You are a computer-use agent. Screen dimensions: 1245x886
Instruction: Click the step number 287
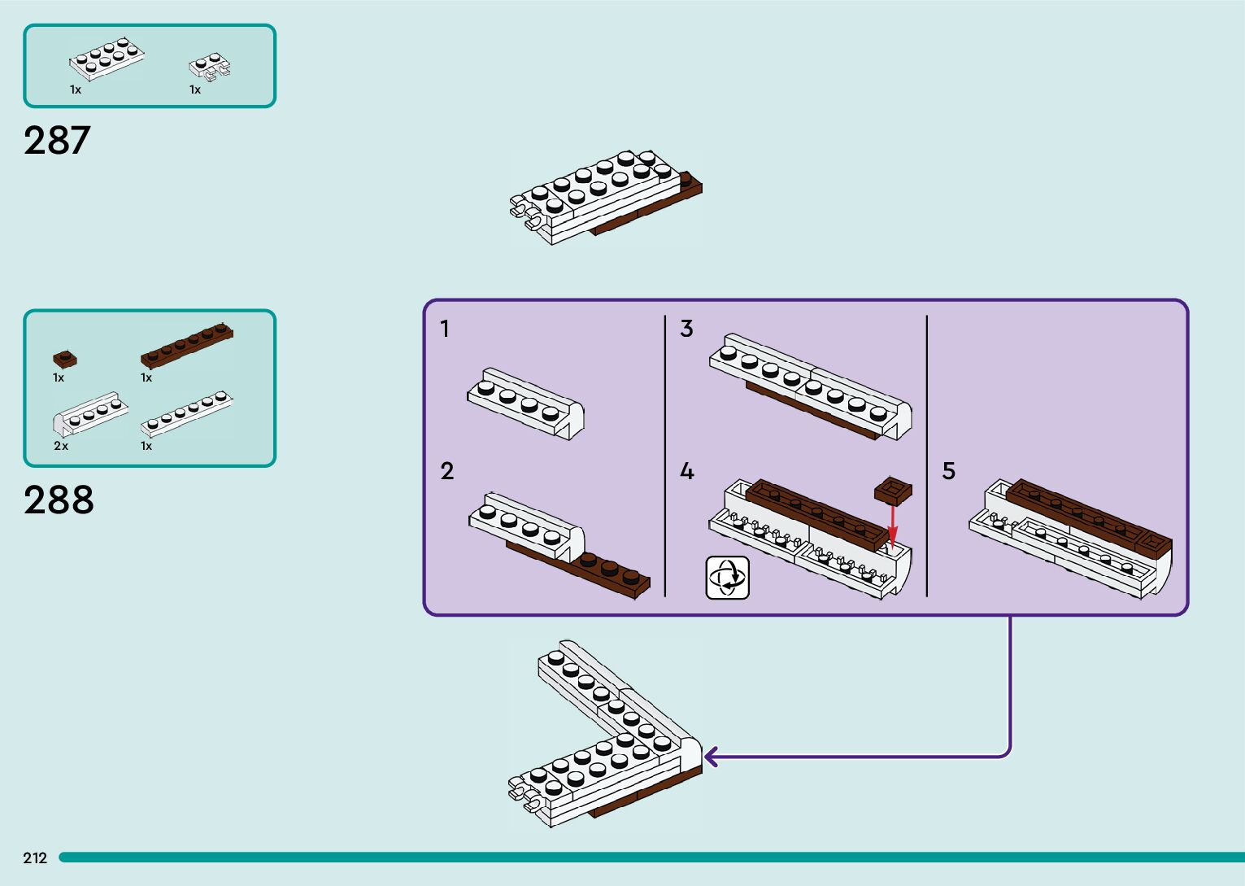[57, 140]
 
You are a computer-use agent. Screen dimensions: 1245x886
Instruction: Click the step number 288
[59, 500]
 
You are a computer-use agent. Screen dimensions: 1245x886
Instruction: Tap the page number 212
[35, 858]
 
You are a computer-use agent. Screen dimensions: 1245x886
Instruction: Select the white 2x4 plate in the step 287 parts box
[107, 59]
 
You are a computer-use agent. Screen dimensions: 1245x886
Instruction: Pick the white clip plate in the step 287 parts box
[210, 68]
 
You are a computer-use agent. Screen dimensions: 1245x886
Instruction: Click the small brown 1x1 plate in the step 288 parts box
[65, 360]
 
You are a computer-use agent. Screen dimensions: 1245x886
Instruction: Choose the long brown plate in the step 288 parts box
[187, 345]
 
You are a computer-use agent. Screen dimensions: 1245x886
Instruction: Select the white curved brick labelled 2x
[90, 414]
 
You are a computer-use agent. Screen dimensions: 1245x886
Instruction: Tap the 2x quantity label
[60, 446]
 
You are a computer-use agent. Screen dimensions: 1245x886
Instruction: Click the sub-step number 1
[445, 329]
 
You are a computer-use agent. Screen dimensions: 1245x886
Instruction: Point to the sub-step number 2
[447, 471]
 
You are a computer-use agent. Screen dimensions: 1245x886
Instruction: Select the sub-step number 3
[686, 329]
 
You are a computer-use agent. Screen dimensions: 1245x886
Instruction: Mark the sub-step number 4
[687, 471]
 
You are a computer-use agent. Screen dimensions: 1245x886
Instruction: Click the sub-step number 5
[949, 471]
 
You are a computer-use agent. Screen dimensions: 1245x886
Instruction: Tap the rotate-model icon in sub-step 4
[728, 578]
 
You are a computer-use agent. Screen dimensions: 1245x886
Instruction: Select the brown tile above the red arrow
[893, 491]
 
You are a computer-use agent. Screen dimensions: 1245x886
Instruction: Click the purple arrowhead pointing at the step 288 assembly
[711, 757]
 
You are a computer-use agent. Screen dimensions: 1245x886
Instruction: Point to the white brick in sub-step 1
[526, 404]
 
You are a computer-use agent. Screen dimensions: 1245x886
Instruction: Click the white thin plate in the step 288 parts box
[187, 413]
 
